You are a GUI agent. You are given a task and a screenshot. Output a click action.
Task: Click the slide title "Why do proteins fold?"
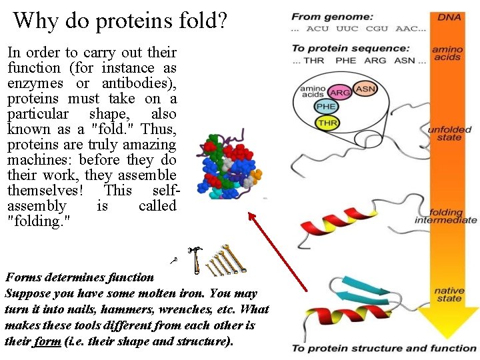[x=120, y=21]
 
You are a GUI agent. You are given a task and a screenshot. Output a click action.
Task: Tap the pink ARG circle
[x=340, y=93]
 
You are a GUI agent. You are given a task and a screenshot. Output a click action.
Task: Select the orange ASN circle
[x=365, y=88]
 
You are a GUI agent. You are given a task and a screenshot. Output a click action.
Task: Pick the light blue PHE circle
[x=326, y=107]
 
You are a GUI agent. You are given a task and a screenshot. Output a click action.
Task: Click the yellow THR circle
[x=327, y=123]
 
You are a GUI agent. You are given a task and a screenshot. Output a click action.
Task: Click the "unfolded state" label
[x=450, y=133]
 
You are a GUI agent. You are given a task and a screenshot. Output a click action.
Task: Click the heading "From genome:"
[x=323, y=17]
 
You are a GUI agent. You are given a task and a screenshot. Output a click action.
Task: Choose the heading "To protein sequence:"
[x=350, y=48]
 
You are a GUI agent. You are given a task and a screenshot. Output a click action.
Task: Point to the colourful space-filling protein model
[x=227, y=167]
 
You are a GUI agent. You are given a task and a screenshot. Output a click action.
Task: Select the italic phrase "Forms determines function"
[x=79, y=277]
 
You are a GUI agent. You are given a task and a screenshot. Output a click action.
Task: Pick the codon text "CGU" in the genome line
[x=377, y=29]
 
